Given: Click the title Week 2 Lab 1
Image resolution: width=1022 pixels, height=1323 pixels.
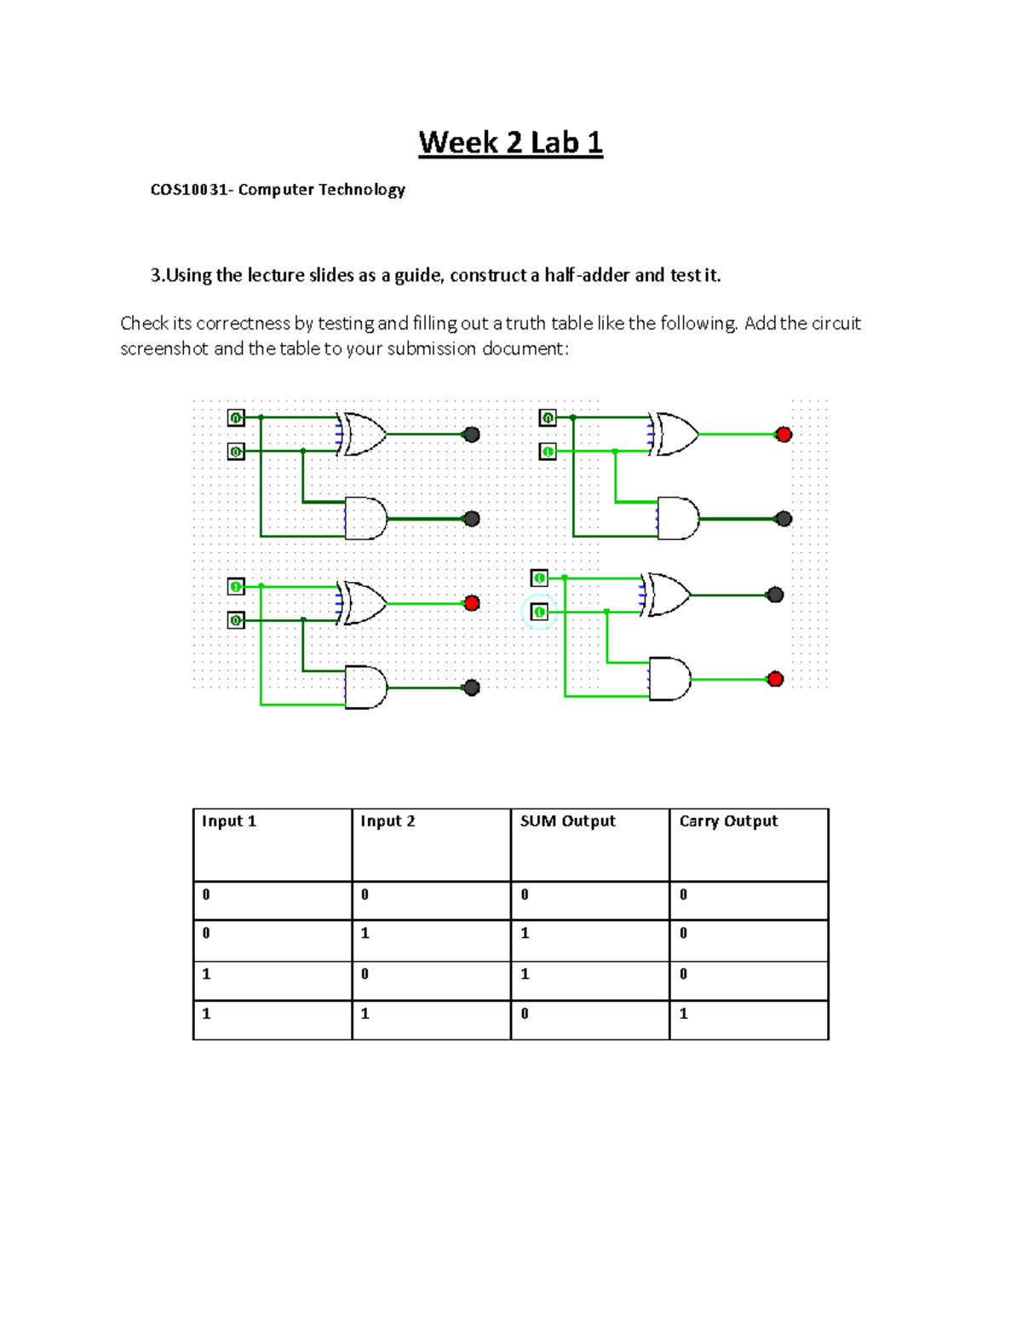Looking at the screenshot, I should point(510,142).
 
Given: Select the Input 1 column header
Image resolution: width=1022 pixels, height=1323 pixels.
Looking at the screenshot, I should point(228,821).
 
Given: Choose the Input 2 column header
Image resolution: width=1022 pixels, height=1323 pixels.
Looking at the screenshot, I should point(388,821).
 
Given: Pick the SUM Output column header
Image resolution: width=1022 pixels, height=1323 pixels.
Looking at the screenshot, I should point(567,821).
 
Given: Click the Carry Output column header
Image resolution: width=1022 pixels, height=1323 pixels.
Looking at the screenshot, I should point(728,821).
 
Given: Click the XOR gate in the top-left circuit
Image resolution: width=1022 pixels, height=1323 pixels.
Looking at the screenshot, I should point(363,434).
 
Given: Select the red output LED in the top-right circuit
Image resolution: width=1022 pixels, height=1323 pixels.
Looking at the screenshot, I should point(784,434).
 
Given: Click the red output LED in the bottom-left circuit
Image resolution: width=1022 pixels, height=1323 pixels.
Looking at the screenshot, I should point(472,603).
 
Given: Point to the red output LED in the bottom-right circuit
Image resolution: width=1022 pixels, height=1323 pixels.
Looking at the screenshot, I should point(775,679).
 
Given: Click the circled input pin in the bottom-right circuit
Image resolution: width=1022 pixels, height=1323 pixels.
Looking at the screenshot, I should point(539,612).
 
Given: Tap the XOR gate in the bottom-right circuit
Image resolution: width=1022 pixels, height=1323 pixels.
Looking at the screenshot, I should point(669,595).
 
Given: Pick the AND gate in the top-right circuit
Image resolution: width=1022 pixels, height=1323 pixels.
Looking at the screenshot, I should point(678,519).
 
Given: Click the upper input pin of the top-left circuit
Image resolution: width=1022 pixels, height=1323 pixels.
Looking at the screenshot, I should point(236,417).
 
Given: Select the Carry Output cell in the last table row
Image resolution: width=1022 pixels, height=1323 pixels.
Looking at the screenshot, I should point(748,1019).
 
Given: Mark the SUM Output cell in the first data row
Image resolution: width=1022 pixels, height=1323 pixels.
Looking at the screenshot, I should point(589,900).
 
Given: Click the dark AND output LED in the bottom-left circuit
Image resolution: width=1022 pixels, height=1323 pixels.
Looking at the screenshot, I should point(472,687).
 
